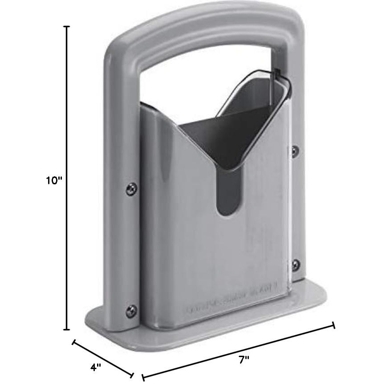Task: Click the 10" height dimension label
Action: pyautogui.click(x=55, y=180)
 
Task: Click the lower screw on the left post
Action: pyautogui.click(x=131, y=310)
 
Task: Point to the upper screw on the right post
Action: pyautogui.click(x=295, y=150)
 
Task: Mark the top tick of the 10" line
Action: pyautogui.click(x=67, y=27)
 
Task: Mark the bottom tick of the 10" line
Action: pyautogui.click(x=67, y=329)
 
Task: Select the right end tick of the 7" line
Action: pyautogui.click(x=333, y=325)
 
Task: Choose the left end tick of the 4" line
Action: pyautogui.click(x=74, y=342)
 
